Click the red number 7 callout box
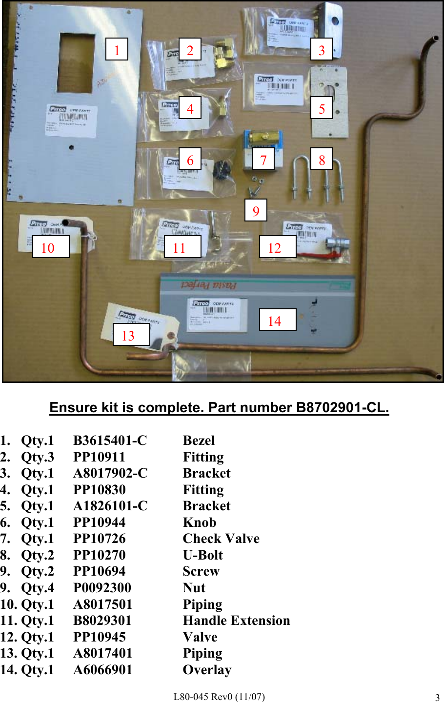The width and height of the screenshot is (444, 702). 263,159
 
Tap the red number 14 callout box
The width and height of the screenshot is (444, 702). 277,320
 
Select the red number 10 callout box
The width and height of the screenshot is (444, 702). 50,247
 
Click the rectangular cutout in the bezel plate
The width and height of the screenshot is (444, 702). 77,62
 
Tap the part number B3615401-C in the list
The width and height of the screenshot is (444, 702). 110,441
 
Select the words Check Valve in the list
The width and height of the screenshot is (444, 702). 221,539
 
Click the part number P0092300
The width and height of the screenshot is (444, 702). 102,588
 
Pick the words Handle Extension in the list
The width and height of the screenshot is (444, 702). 236,621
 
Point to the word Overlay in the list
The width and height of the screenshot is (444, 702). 207,670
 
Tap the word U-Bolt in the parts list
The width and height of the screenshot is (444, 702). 202,555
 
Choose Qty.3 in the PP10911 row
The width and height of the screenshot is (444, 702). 37,457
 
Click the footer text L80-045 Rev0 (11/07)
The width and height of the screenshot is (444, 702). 219,697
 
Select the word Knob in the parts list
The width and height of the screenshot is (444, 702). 199,522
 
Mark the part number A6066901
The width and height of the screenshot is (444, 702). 102,670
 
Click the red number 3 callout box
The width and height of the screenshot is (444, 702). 322,49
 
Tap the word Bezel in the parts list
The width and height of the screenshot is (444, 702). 199,441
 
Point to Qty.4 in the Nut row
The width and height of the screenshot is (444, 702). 37,588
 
